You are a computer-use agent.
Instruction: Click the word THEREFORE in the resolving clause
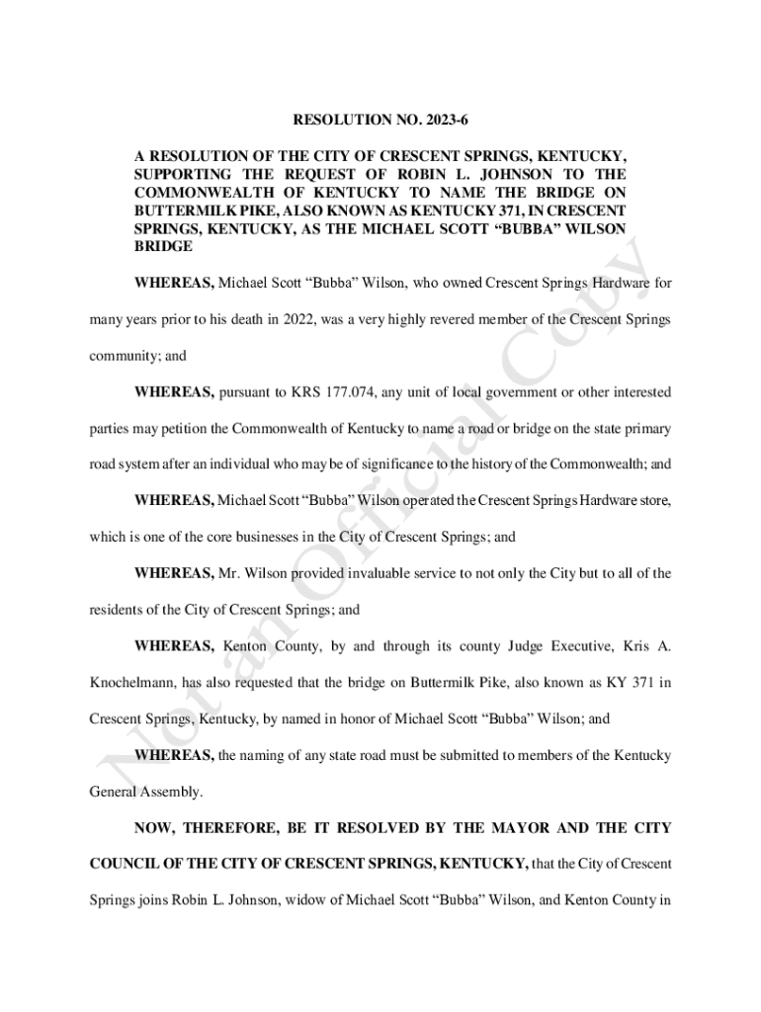230,827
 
